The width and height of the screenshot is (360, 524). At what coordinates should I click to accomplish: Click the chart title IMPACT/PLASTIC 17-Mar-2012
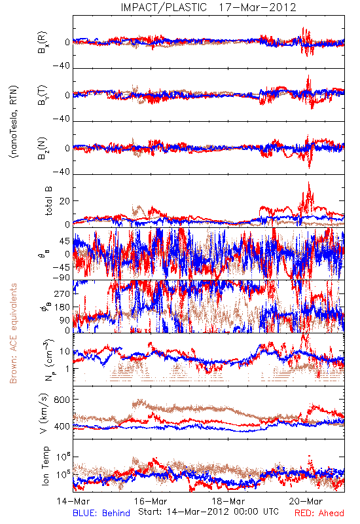point(208,7)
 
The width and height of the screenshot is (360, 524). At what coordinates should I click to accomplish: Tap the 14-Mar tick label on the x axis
point(73,501)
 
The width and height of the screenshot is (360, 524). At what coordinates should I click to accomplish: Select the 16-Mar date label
point(151,501)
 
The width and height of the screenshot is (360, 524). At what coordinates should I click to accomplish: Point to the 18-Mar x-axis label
point(228,501)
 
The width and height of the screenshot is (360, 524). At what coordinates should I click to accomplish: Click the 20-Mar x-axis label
point(306,501)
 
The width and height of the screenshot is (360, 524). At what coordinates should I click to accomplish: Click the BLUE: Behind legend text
point(101,513)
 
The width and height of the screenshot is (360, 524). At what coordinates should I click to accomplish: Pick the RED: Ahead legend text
point(319,513)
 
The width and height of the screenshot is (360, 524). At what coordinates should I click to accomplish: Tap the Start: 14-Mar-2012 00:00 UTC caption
point(208,512)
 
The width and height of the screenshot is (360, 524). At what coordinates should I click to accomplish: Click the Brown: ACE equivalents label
point(13,333)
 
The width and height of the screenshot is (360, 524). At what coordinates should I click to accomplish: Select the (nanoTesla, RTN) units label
point(14,122)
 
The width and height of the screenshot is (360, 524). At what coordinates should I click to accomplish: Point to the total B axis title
point(48,201)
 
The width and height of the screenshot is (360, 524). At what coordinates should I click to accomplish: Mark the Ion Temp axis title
point(45,466)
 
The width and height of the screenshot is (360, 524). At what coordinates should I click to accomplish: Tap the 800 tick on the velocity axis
point(62,400)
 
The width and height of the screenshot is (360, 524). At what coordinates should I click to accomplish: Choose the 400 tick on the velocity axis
point(62,426)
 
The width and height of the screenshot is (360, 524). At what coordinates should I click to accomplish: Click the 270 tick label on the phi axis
point(62,293)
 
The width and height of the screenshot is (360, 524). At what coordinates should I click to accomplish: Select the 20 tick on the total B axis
point(65,201)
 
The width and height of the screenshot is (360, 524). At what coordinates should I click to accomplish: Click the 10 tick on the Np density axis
point(65,352)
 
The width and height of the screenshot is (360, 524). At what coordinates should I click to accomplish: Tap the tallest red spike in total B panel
point(308,183)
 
